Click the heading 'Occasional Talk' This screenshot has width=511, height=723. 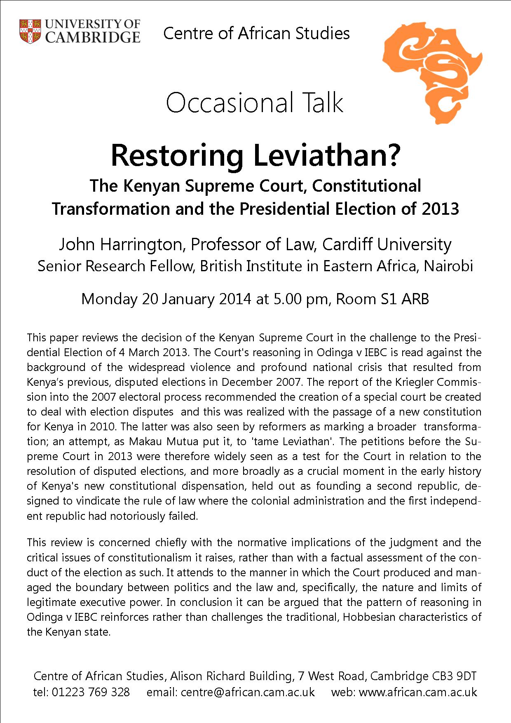(x=255, y=103)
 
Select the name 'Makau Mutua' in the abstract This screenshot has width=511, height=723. (x=160, y=441)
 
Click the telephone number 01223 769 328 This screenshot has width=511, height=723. (x=91, y=692)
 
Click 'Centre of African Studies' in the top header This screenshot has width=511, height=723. (x=256, y=33)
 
